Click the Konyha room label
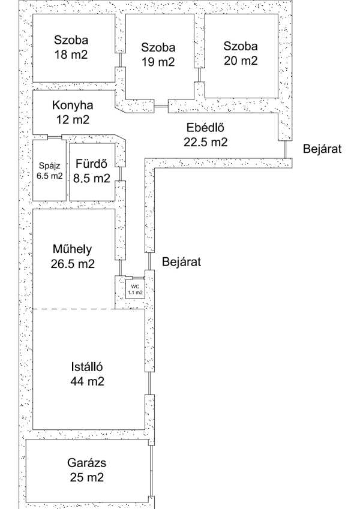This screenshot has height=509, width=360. [x=73, y=105]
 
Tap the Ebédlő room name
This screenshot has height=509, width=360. [x=205, y=127]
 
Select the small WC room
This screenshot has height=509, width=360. [x=135, y=289]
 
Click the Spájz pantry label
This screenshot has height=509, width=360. [x=49, y=165]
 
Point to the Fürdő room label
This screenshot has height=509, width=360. [x=91, y=164]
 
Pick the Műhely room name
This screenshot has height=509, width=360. [x=72, y=249]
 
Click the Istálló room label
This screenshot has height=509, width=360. [x=87, y=366]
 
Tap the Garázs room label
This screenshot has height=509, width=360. [x=87, y=462]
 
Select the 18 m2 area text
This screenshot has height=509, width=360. [x=71, y=54]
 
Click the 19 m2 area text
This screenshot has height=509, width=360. [x=158, y=62]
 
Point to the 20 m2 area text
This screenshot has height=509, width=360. [x=241, y=61]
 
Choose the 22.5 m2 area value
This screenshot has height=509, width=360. [x=205, y=142]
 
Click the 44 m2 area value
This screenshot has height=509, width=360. [x=88, y=381]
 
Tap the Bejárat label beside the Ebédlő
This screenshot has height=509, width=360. [x=322, y=149]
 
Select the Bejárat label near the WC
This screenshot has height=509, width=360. [x=181, y=261]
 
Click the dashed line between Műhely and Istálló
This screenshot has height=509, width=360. [x=74, y=309]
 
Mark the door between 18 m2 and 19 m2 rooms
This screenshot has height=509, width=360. [x=120, y=60]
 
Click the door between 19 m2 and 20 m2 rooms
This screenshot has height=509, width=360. [x=199, y=75]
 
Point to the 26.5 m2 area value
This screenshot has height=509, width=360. [x=73, y=263]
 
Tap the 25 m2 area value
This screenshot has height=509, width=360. [x=87, y=477]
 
